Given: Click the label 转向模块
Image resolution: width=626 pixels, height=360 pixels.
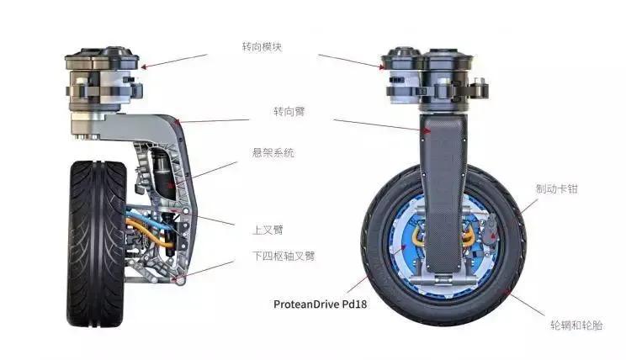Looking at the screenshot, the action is [x=262, y=47].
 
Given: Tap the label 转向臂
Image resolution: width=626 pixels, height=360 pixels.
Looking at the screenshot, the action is [x=289, y=111].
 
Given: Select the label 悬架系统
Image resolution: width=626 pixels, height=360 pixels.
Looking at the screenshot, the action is [x=273, y=153].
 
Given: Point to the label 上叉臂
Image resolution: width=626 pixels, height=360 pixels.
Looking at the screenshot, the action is [x=268, y=230].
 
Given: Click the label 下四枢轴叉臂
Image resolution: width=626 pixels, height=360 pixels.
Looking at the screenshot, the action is [x=284, y=256].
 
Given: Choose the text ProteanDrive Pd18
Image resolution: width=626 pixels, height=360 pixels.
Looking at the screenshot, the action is [x=320, y=304].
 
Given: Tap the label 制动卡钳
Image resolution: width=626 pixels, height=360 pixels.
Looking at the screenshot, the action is [x=556, y=188].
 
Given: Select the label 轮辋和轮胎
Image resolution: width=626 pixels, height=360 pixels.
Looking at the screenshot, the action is [x=576, y=325].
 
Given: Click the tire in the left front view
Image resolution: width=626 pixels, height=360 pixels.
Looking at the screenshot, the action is [x=97, y=243].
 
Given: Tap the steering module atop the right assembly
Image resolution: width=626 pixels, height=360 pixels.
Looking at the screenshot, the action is [x=433, y=79].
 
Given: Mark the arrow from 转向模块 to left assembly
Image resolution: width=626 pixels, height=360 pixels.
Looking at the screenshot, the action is [x=174, y=61].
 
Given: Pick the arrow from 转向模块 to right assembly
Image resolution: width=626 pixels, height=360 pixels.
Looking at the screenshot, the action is [x=352, y=61].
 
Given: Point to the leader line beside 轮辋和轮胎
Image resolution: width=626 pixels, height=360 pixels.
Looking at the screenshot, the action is [x=525, y=303].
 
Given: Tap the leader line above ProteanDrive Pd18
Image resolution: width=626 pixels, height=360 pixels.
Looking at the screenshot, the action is [x=357, y=284].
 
